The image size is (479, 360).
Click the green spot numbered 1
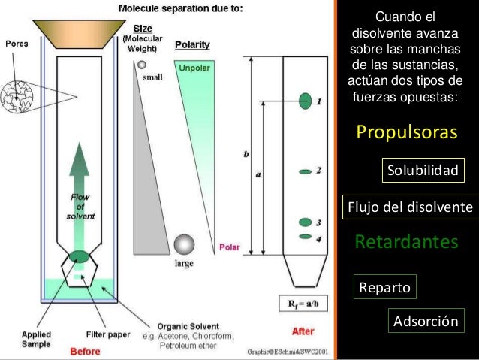tap(305, 101)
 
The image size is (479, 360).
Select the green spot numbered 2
tap(305, 172)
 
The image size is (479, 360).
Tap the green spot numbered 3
tap(305, 222)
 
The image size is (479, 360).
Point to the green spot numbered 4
tap(305, 237)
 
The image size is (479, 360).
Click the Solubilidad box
tap(423, 170)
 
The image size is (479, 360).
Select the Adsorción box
tap(426, 321)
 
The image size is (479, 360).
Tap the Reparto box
tap(385, 287)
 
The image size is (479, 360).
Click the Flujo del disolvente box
tap(411, 207)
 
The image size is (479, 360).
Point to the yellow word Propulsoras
tap(407, 132)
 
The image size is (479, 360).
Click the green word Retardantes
tap(406, 241)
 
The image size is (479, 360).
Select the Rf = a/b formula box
tap(303, 304)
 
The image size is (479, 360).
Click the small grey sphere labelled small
tap(142, 65)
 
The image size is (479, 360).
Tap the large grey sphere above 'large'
tap(184, 245)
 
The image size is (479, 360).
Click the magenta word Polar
tap(230, 247)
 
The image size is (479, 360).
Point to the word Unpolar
tap(194, 68)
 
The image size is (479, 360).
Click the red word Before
tap(86, 352)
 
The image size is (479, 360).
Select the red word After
tap(303, 331)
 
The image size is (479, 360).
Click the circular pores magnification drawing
tap(17, 97)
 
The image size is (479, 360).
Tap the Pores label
tap(17, 44)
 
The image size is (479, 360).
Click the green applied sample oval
tap(80, 256)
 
